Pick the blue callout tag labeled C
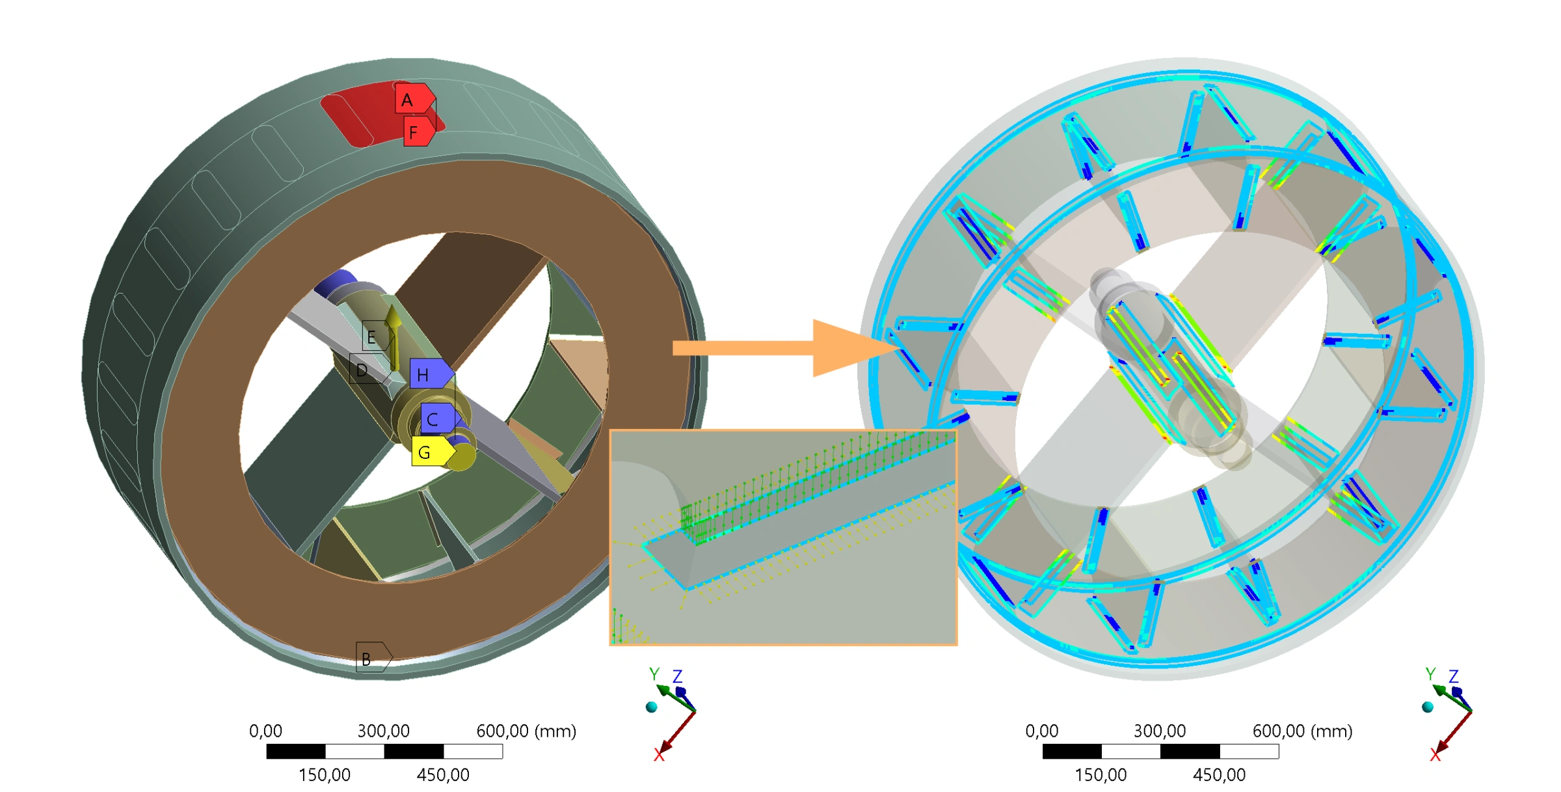pos(438,419)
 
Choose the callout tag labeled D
pos(366,370)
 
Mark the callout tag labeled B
pos(371,658)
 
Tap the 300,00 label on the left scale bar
pos(384,731)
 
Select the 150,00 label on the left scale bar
pos(325,774)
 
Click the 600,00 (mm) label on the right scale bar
pos(1302,731)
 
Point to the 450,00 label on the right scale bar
pos(1219,774)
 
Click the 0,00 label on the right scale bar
pos(1041,731)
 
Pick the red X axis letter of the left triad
pos(658,755)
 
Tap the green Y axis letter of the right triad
pos(1430,674)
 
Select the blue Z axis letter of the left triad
pos(677,676)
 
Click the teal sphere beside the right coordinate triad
pos(1428,707)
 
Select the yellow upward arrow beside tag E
pos(393,332)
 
